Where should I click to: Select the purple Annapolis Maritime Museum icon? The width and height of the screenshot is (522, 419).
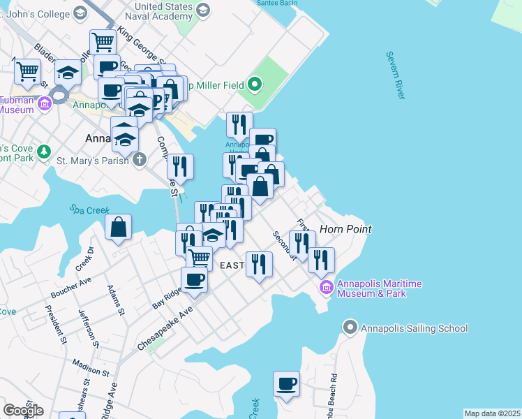point(326,287)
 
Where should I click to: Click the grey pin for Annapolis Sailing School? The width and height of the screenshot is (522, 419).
point(350,328)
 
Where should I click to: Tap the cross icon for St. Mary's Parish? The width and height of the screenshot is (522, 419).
point(140,159)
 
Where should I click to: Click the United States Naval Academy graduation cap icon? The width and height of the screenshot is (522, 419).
point(203,9)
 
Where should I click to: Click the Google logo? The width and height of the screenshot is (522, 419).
point(23,411)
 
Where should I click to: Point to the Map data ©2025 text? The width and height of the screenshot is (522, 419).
point(492,413)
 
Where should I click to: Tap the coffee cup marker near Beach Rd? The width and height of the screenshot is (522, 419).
point(286,384)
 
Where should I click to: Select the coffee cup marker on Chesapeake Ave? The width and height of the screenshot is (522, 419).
point(194,280)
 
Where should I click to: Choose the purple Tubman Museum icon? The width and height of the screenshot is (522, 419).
point(45,105)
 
